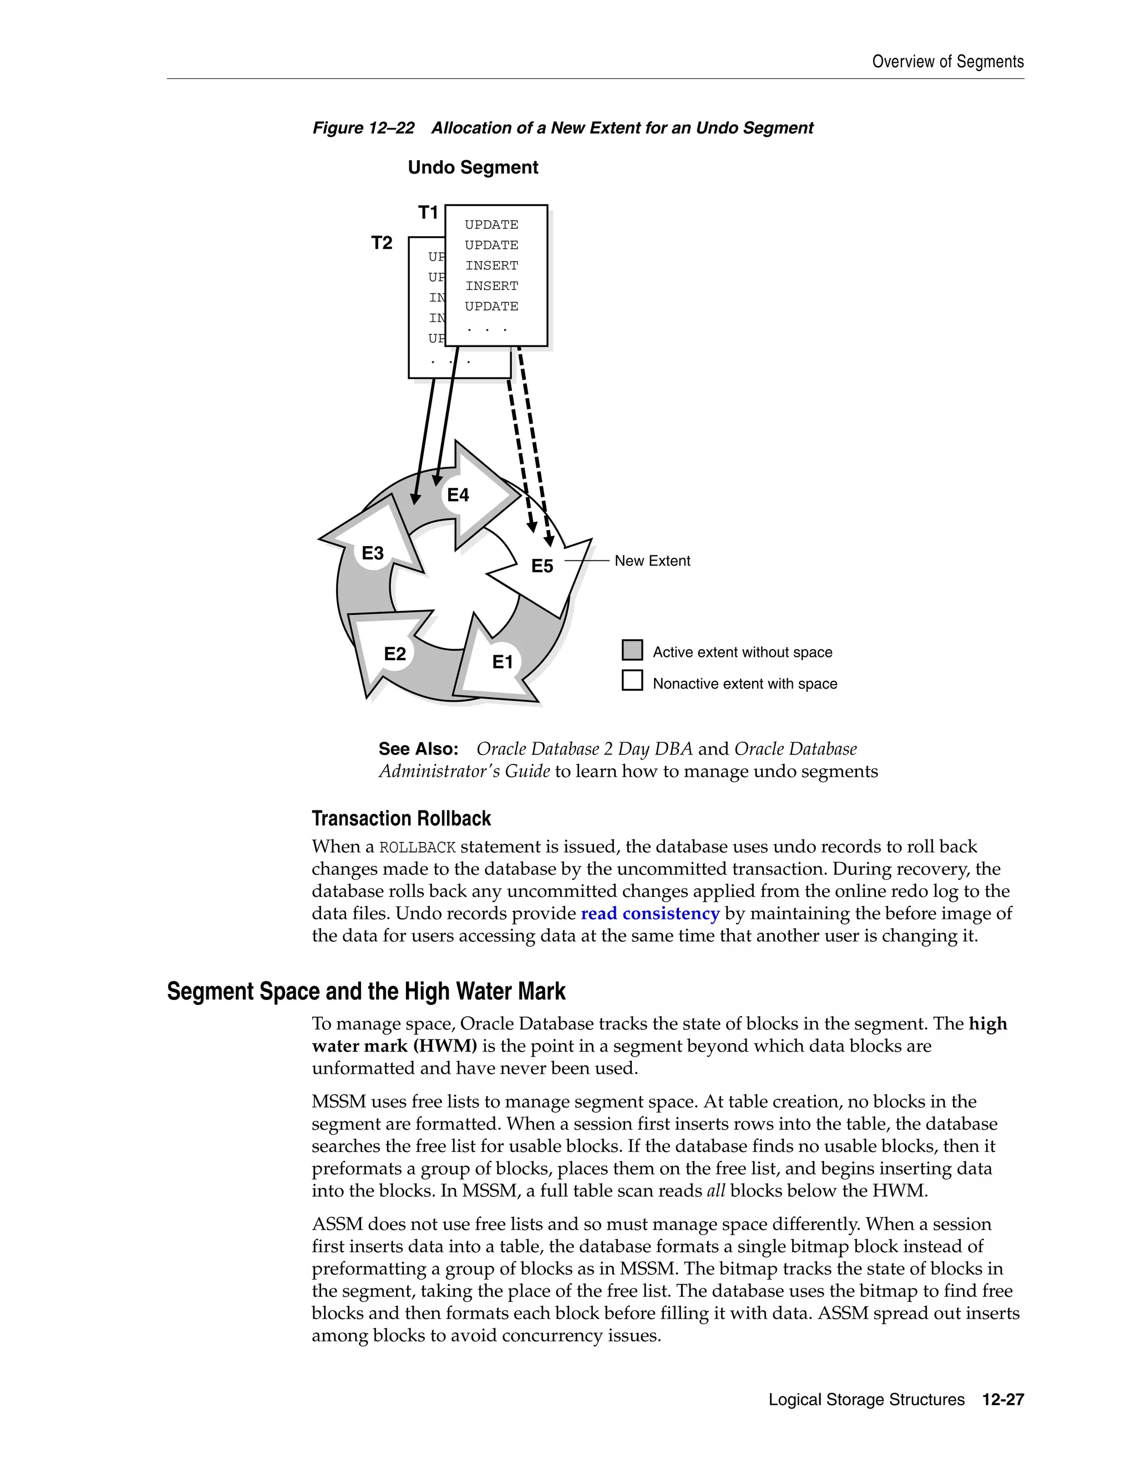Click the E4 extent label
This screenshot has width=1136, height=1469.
coord(458,495)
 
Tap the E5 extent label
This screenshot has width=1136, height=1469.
coord(542,565)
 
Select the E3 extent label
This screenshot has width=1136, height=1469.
coord(372,553)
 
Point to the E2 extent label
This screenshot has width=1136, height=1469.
coord(394,654)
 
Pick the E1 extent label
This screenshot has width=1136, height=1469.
coord(502,662)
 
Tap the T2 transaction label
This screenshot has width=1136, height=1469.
coord(382,243)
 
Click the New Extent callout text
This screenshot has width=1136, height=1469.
coord(652,561)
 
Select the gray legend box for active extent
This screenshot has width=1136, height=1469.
coord(632,650)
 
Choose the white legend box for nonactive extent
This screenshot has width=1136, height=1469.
coord(632,680)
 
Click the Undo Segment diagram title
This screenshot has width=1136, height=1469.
coord(473,167)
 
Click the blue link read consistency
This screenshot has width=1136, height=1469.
coord(650,914)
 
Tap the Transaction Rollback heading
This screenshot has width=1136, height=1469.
coord(401,819)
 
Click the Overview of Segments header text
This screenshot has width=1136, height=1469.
coord(947,62)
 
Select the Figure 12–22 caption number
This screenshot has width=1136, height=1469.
coord(363,128)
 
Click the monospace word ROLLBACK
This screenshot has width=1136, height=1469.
coord(417,848)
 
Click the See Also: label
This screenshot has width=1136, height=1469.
coord(418,748)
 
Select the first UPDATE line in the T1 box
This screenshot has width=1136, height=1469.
coord(491,225)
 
